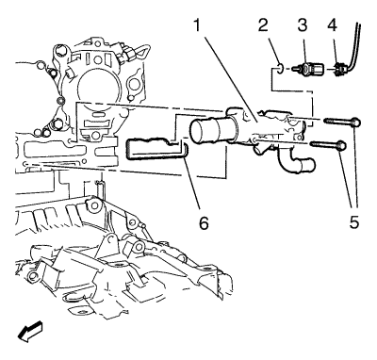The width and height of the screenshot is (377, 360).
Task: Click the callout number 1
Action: click(x=197, y=25)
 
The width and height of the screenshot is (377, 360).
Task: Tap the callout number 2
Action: click(x=263, y=25)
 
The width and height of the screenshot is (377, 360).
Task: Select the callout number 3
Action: click(x=303, y=25)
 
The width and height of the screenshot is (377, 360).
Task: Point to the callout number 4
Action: click(x=332, y=25)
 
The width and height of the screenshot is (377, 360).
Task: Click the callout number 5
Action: click(x=353, y=222)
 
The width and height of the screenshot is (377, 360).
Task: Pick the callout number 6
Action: click(x=204, y=222)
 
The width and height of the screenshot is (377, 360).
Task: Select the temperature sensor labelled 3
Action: click(x=309, y=68)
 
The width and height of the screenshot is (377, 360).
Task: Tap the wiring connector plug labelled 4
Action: click(x=338, y=70)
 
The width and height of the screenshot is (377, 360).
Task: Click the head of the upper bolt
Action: click(x=355, y=122)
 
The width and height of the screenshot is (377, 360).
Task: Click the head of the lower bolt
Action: click(x=342, y=145)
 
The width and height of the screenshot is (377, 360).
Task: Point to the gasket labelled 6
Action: click(x=156, y=150)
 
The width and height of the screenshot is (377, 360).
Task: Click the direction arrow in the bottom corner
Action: click(x=30, y=332)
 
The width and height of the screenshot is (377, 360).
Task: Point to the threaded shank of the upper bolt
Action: click(x=336, y=121)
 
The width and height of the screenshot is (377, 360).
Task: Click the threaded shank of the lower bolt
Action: click(x=323, y=144)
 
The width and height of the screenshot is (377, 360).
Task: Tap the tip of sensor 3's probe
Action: click(x=293, y=68)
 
